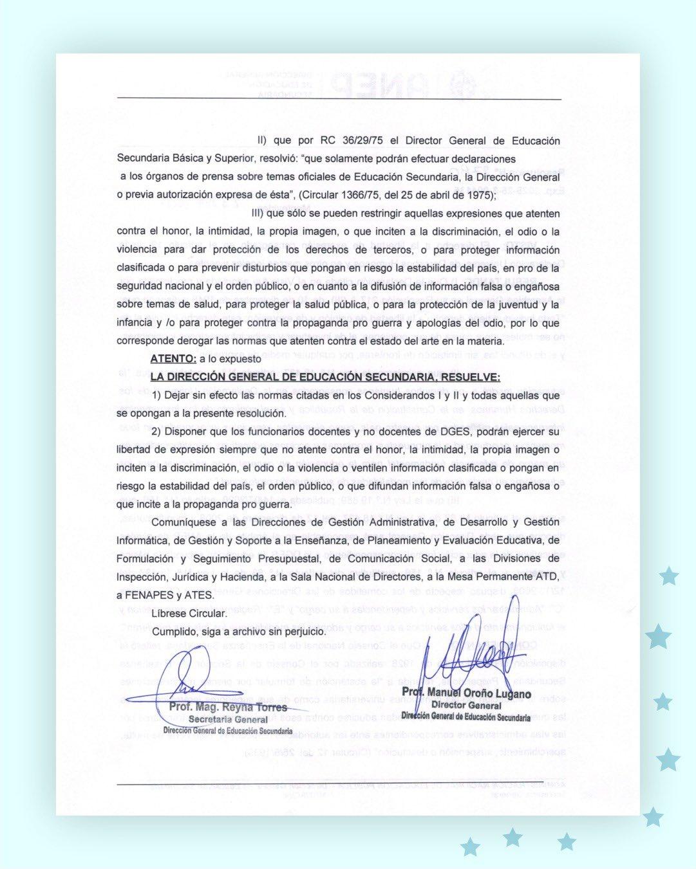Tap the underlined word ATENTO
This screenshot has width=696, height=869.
[x=173, y=359]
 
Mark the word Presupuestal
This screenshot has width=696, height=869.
[x=286, y=559]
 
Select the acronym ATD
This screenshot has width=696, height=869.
[x=549, y=577]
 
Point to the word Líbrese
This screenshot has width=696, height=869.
[x=170, y=613]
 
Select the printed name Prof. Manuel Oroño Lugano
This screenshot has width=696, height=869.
[x=466, y=693]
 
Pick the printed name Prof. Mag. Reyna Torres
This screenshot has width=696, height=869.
[x=228, y=708]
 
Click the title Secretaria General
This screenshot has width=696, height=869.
[x=228, y=719]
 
